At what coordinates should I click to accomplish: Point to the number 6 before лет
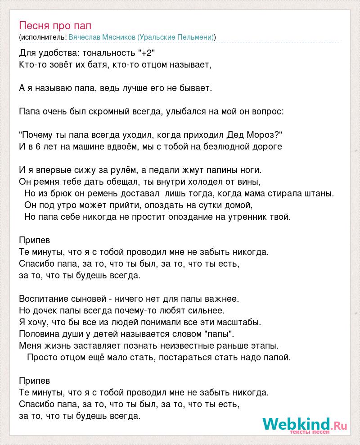point(37,146)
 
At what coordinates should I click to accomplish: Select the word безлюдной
point(232,146)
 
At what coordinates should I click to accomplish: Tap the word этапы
point(264,345)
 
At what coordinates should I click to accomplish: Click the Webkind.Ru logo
point(304,424)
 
